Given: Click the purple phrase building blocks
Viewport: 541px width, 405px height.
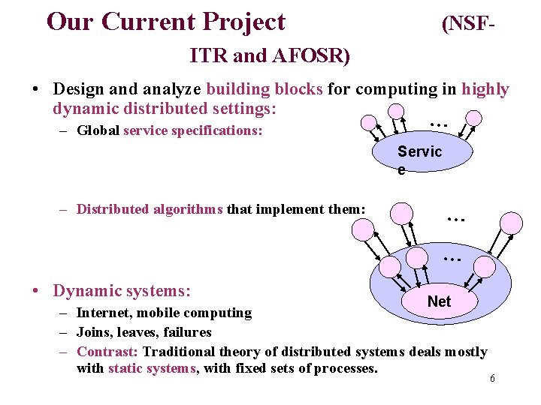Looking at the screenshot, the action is click(x=264, y=89).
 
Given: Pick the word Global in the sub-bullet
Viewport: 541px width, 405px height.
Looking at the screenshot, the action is click(x=98, y=130).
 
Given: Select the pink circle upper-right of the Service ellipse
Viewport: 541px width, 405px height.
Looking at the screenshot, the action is click(x=473, y=118).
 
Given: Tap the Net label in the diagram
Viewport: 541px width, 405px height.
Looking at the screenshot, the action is click(x=439, y=301).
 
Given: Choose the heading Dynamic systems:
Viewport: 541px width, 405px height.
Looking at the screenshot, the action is click(x=122, y=290).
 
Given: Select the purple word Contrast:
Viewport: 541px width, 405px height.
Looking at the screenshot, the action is click(x=107, y=352).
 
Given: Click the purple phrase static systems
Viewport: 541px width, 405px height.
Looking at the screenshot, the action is click(x=151, y=368).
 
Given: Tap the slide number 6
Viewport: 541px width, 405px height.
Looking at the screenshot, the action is click(x=492, y=379).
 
